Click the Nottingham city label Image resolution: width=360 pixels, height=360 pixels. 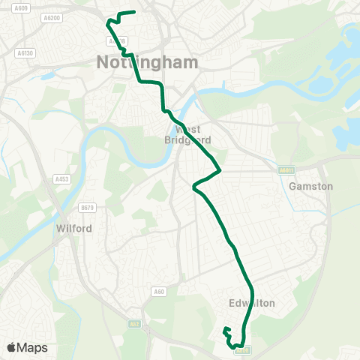click(x=148, y=62)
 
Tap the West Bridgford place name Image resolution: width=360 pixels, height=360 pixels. click(x=188, y=134)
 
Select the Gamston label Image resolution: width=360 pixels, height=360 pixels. click(x=310, y=186)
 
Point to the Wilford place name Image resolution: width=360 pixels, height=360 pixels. click(x=73, y=228)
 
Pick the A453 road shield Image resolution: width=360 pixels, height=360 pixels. click(x=61, y=179)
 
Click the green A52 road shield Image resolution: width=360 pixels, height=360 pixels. click(x=135, y=324)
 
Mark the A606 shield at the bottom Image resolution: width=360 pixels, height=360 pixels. click(x=248, y=349)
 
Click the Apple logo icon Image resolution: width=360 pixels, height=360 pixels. click(x=13, y=347)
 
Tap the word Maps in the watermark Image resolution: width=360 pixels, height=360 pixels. click(x=32, y=347)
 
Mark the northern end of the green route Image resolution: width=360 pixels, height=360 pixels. click(x=133, y=12)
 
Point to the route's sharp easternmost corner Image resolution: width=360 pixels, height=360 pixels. click(x=220, y=170)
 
